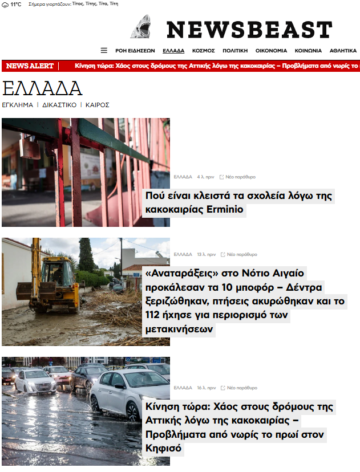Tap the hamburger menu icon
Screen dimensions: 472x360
point(104,50)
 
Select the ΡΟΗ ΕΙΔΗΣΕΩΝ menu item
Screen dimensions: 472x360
point(135,51)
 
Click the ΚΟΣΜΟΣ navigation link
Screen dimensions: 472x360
point(204,51)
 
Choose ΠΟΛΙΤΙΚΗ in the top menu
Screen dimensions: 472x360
point(235,51)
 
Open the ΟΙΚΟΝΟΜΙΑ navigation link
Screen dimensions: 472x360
point(271,51)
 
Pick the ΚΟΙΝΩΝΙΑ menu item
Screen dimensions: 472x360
point(308,51)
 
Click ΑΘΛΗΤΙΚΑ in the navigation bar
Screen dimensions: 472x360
point(343,51)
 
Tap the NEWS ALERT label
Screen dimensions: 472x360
point(30,66)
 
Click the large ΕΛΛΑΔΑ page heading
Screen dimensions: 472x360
point(42,89)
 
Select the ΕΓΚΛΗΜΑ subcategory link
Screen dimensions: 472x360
point(18,105)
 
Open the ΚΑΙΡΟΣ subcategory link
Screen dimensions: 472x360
point(98,105)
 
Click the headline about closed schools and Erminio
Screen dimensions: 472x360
point(238,202)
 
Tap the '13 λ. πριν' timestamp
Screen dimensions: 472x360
point(206,254)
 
